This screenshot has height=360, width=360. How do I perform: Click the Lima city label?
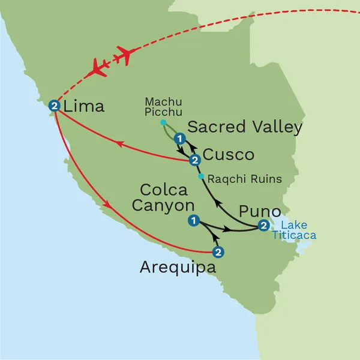tap(84, 107)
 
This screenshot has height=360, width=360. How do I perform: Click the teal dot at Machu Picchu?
tap(163, 123)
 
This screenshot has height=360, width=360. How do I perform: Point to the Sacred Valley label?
tap(245, 127)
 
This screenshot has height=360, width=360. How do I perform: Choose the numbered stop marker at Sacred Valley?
tap(178, 139)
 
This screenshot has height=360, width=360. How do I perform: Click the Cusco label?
tap(229, 155)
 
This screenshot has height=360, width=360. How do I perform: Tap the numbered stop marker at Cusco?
tap(194, 160)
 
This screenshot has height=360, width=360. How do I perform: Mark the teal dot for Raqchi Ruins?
tap(202, 177)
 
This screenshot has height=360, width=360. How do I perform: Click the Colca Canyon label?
tap(163, 198)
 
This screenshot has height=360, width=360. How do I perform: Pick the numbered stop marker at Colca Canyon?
tap(193, 221)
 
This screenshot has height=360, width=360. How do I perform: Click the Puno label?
tap(260, 211)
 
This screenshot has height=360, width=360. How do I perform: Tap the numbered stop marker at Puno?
tap(263, 226)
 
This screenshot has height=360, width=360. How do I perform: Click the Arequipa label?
tap(179, 268)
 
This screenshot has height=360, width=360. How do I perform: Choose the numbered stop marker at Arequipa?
tap(218, 252)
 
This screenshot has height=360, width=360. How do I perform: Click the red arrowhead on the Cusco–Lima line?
tap(119, 143)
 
